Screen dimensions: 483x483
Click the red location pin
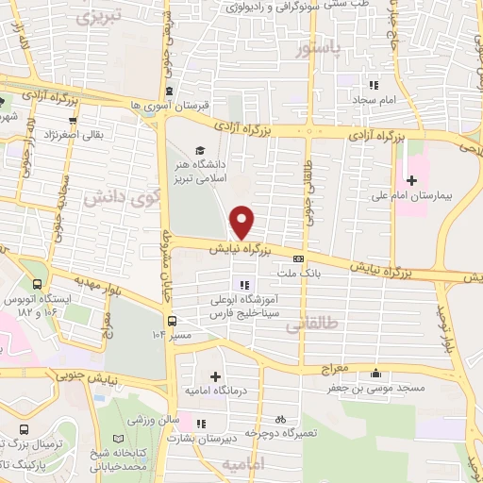[242, 222]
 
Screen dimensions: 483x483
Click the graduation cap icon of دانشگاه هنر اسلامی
[199, 150]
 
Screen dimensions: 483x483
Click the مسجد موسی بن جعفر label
[390, 387]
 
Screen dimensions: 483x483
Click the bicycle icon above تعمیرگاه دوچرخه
[280, 419]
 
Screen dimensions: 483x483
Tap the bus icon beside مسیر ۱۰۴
[172, 323]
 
